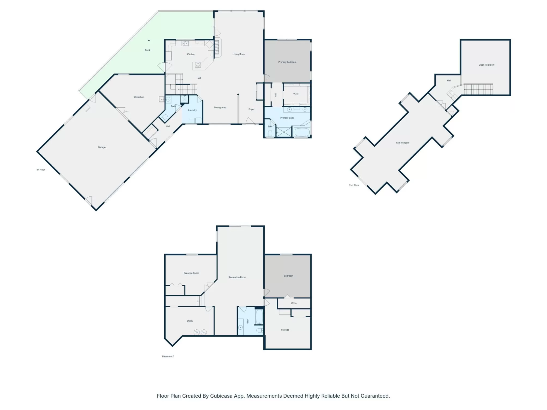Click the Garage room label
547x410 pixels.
(102, 147)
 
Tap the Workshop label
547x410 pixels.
(139, 97)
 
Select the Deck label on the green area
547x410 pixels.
(148, 50)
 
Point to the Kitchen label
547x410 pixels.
(191, 54)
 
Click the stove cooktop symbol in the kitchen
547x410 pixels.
(198, 65)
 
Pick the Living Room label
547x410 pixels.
(239, 54)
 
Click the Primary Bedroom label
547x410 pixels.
(287, 62)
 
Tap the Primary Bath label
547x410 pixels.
(287, 118)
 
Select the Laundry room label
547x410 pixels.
(192, 110)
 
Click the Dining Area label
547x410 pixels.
(220, 108)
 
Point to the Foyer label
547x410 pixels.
(251, 110)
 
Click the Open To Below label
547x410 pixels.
(486, 65)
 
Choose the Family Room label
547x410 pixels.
(403, 143)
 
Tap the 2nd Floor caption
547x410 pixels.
(354, 185)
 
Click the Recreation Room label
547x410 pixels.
(237, 277)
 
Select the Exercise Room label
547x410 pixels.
(191, 273)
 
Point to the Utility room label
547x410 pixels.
(190, 321)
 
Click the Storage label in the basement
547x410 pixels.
(285, 330)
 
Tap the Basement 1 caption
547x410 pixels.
(168, 357)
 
